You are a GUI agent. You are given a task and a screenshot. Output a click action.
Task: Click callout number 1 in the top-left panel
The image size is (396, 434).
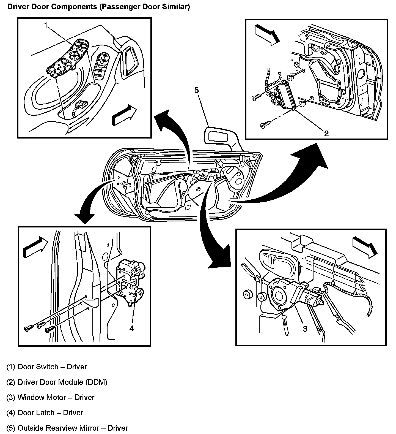46,26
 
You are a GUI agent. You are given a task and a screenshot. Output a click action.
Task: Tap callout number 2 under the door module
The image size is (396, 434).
326,134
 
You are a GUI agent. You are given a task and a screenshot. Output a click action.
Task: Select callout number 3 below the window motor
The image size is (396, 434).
305,329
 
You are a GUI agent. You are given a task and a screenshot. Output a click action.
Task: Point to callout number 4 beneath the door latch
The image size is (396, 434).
132,328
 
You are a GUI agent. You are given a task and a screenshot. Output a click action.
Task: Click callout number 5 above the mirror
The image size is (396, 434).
196,90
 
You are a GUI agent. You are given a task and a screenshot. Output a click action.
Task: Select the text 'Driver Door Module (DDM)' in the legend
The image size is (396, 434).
62,382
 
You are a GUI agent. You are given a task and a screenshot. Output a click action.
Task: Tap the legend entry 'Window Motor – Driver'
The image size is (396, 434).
56,397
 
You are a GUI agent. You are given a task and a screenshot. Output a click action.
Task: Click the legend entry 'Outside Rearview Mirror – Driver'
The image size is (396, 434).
73,428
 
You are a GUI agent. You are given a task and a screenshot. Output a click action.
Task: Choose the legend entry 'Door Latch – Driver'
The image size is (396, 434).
50,413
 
